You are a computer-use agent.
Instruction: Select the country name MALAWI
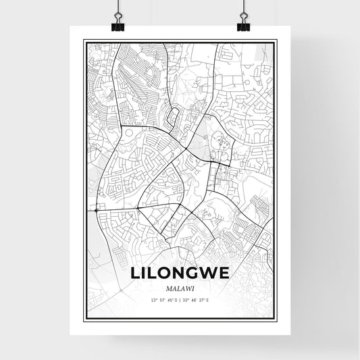click(180, 289)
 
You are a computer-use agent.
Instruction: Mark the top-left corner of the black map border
click(84, 41)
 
